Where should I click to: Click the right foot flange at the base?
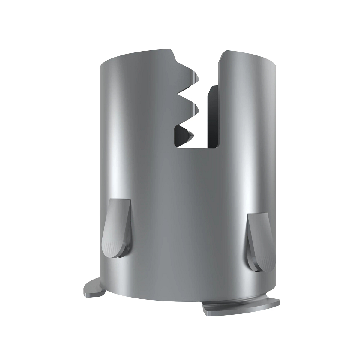coord(240,309)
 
